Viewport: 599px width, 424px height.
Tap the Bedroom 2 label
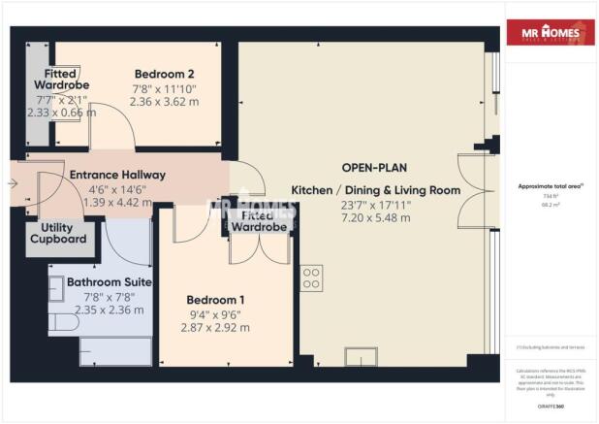click(165, 74)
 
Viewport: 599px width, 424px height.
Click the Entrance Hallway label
click(117, 175)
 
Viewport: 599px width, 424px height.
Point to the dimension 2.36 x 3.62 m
click(165, 102)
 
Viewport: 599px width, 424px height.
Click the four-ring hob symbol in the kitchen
click(312, 278)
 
